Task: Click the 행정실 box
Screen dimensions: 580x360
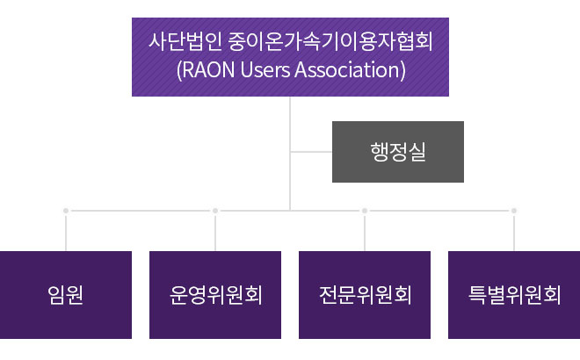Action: click(398, 152)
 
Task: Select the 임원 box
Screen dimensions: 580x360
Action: click(66, 295)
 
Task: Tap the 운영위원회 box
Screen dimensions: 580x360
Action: click(215, 295)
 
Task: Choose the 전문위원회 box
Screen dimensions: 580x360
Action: click(365, 295)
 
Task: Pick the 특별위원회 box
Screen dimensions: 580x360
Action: click(514, 295)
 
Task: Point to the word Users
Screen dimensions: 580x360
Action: click(265, 70)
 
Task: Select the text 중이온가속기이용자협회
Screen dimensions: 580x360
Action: click(330, 40)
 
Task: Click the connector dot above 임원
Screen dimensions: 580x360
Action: click(66, 211)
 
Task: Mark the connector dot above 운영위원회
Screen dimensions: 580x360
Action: click(215, 211)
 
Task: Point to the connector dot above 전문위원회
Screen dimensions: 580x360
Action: click(365, 211)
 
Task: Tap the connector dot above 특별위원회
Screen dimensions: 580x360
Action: click(514, 211)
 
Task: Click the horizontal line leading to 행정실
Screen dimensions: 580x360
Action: click(311, 152)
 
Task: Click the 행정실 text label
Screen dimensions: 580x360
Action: click(398, 152)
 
